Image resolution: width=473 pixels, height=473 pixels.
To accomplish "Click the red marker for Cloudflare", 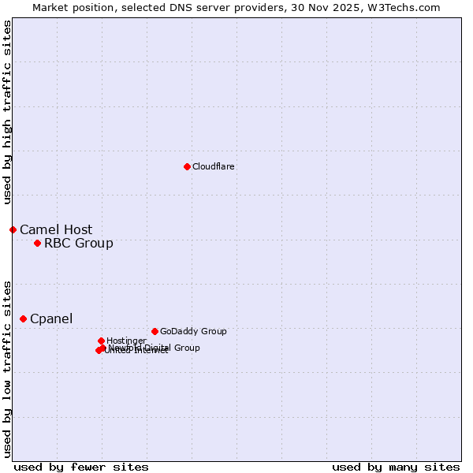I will point(187,166).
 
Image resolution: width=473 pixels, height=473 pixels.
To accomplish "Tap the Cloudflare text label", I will point(213,167).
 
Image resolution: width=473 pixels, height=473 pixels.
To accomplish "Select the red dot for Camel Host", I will point(13,229).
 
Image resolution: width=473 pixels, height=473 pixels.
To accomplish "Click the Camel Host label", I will point(56,230).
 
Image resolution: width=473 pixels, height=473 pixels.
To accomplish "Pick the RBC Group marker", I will point(37,243).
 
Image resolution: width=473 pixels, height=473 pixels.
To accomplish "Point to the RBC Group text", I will point(78,244).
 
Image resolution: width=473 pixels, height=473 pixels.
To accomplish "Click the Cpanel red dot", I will point(23,318).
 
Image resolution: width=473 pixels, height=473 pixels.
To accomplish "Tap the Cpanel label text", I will point(51,319).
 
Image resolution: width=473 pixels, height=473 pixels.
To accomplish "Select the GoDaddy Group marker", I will point(155,331).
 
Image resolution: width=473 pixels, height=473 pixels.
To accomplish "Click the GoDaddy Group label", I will point(193,332).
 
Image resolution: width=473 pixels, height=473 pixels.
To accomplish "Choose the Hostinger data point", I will point(101,341).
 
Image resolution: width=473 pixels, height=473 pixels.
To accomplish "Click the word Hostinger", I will point(126,341).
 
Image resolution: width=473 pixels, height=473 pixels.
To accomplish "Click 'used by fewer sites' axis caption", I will point(81,467).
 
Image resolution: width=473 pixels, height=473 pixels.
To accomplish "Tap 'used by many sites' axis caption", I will point(396,467).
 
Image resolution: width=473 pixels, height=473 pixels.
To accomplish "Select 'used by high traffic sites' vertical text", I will point(7,112).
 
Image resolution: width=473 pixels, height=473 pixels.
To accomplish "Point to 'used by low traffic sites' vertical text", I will point(7,368).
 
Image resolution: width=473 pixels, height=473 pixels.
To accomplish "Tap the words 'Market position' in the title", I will point(69,7).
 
